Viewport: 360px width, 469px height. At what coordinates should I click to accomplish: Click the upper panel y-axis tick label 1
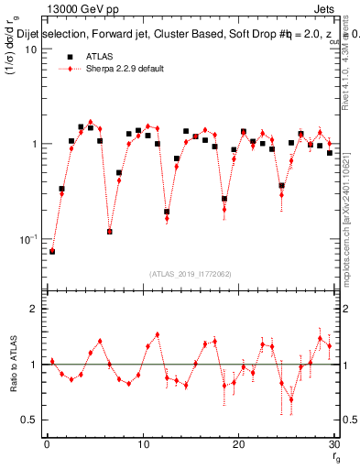[34, 144]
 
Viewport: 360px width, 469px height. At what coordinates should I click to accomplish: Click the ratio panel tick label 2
[34, 309]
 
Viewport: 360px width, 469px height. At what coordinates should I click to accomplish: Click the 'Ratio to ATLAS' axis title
[11, 364]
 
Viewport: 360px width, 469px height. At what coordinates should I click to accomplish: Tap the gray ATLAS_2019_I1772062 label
[190, 273]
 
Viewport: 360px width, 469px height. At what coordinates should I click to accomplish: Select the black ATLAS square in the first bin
[52, 251]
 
